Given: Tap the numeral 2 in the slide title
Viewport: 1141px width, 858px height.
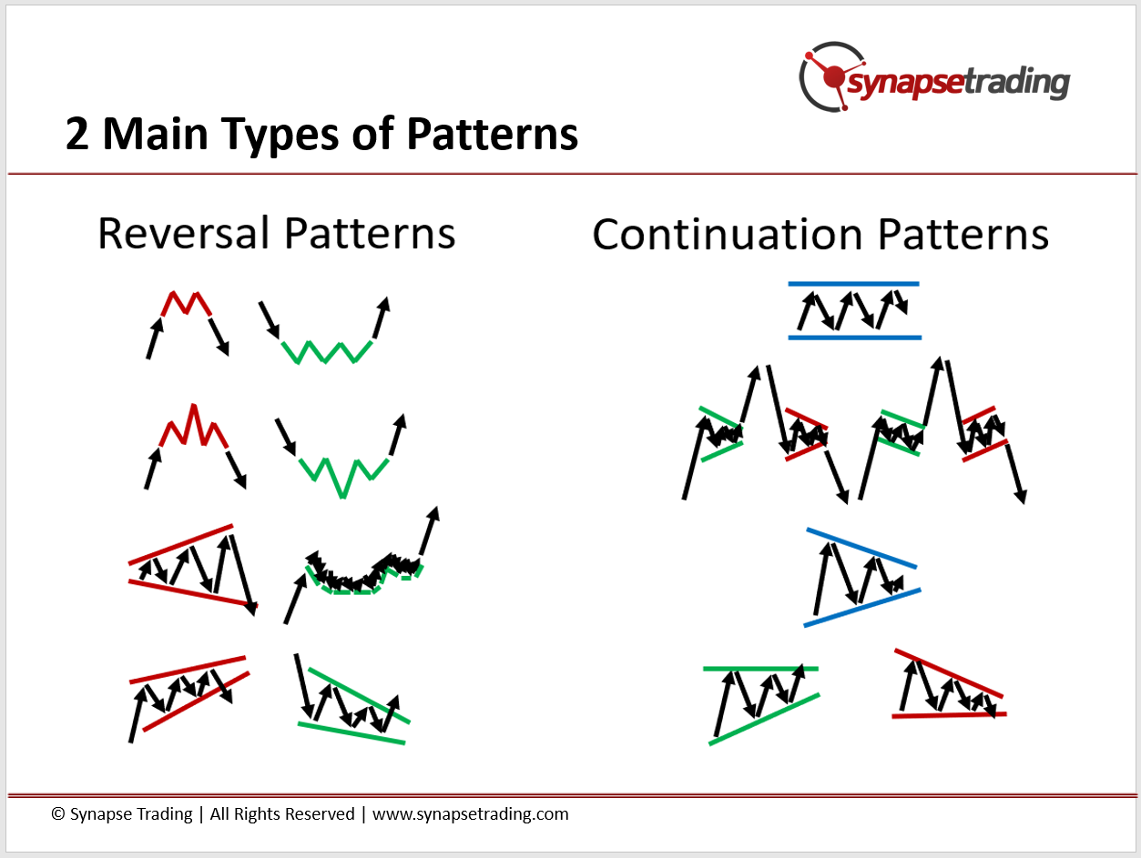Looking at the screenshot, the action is [x=76, y=134].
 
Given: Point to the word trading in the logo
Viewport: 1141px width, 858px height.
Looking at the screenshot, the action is [x=1017, y=83].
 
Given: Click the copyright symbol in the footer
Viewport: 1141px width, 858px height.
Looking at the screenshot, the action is [x=57, y=813].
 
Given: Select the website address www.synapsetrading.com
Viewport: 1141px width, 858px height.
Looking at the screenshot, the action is [x=471, y=814].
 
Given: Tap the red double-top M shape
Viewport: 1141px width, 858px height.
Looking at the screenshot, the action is [x=186, y=304].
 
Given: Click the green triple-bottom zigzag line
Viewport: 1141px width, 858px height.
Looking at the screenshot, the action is [x=326, y=351].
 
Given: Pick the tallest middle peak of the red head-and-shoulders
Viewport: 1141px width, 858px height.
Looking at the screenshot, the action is [x=194, y=405].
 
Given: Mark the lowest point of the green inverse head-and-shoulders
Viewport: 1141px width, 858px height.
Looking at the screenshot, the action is [x=342, y=497].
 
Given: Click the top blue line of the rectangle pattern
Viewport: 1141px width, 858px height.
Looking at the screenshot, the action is [x=853, y=284].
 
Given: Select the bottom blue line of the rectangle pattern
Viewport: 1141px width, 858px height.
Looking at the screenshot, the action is [x=854, y=338].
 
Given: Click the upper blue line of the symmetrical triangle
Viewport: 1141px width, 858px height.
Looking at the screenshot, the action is [x=861, y=548].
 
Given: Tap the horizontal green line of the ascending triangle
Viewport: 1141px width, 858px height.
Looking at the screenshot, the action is [x=760, y=669].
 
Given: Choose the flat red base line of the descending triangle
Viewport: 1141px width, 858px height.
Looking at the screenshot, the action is [x=949, y=715].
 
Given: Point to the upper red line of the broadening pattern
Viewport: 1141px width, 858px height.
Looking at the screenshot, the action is [x=180, y=544].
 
